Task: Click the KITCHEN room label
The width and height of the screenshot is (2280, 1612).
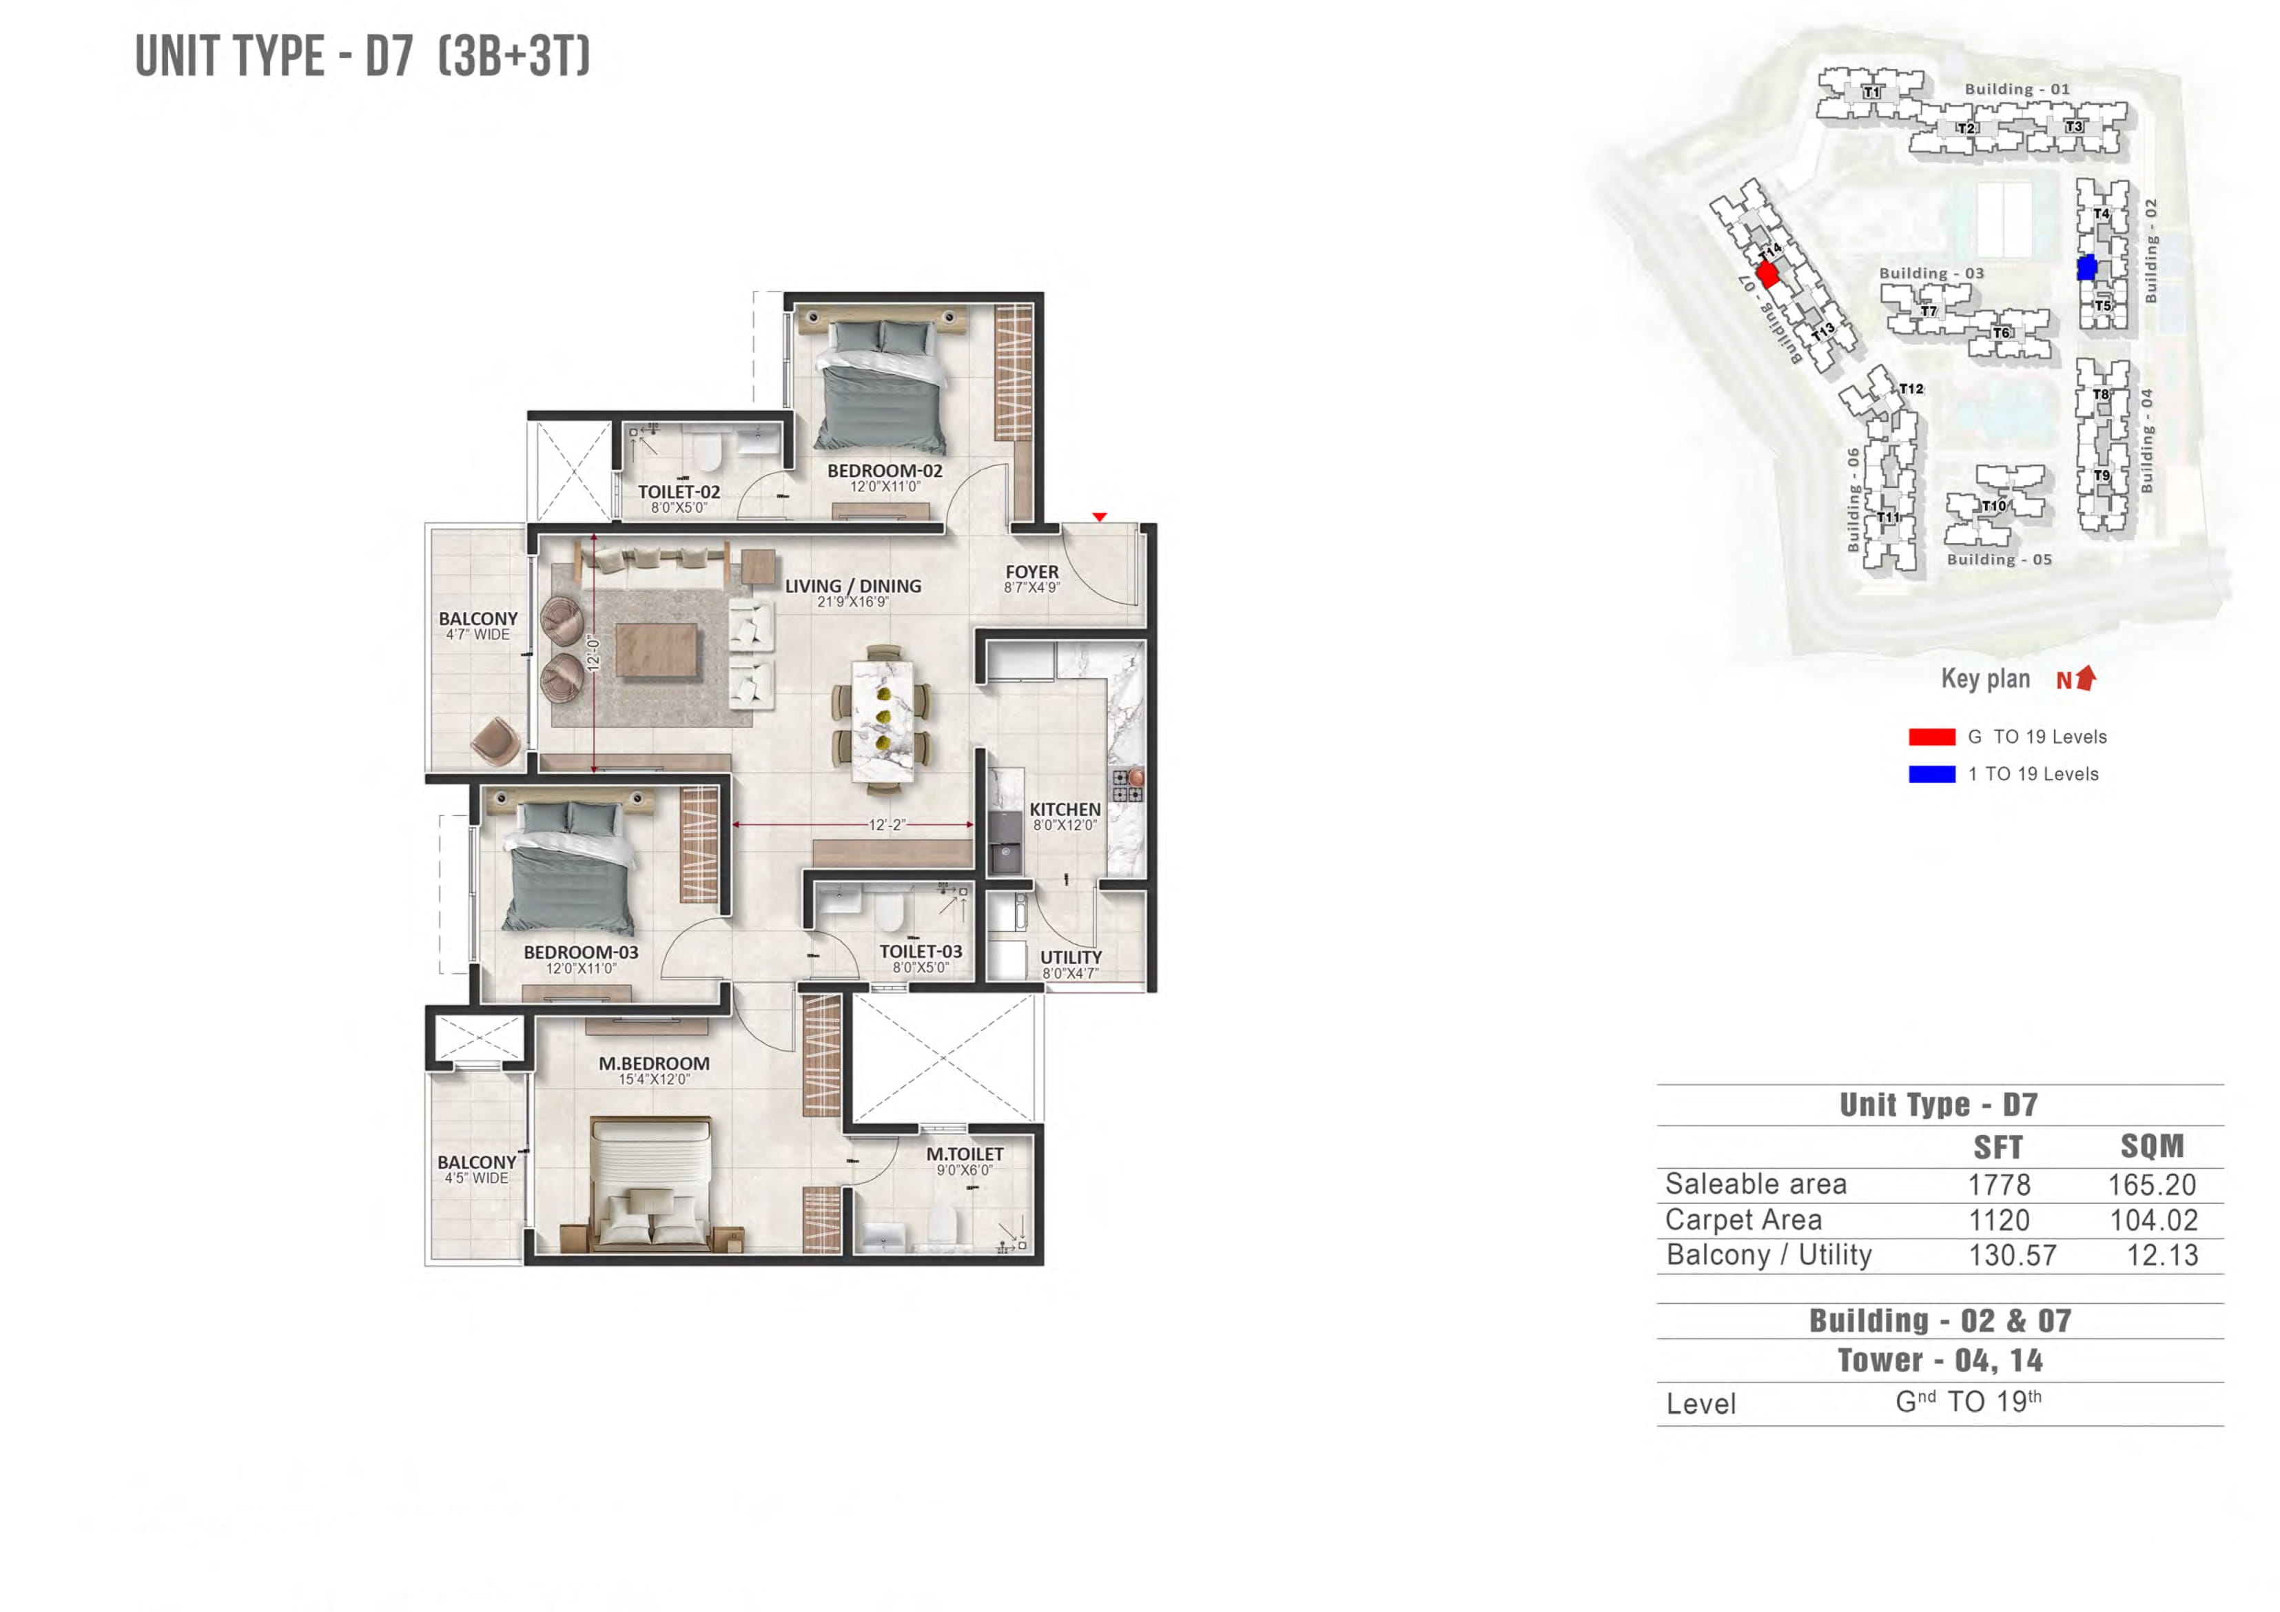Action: (x=1065, y=810)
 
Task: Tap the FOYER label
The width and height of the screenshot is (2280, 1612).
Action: (x=1031, y=572)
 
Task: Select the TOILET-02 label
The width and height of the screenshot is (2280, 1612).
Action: (x=679, y=491)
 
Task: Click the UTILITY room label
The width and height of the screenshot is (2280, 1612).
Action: (x=1071, y=957)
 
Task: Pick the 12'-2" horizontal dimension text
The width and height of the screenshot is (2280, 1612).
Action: (x=887, y=824)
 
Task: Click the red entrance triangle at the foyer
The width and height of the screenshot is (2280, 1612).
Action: (x=1099, y=516)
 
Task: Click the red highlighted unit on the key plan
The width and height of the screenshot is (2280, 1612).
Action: (x=1767, y=274)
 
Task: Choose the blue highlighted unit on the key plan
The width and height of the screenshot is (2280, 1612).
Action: (x=2086, y=267)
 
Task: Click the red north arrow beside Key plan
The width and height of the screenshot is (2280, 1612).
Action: (x=2086, y=677)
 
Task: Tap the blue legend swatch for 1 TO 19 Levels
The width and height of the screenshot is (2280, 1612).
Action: (x=1931, y=774)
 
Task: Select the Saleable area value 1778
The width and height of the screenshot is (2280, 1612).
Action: (x=1999, y=1185)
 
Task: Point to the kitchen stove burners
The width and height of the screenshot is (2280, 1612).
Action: (x=1127, y=786)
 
